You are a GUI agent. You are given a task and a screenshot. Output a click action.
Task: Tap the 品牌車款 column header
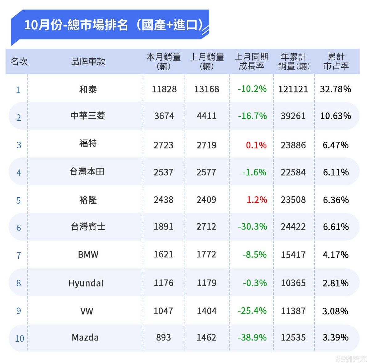[88, 62]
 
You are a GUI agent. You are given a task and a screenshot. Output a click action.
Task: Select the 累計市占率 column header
[336, 61]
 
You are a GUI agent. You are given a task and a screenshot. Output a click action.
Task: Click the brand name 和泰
[88, 89]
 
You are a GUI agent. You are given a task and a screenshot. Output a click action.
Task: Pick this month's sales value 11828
[164, 89]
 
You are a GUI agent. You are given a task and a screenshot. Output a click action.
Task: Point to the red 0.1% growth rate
[256, 145]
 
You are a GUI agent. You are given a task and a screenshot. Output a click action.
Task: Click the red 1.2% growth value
[257, 200]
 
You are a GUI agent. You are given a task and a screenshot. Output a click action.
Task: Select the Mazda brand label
[85, 337]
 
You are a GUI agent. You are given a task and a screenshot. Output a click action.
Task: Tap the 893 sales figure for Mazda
[163, 337]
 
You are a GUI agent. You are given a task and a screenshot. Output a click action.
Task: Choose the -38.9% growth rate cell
[252, 337]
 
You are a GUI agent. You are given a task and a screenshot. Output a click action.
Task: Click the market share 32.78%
[335, 89]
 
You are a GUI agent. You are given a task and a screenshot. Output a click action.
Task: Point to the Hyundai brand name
[86, 283]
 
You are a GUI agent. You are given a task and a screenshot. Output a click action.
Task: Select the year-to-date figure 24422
[293, 227]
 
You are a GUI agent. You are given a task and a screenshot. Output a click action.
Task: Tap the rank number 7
[18, 255]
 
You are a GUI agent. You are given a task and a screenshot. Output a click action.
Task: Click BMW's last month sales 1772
[206, 255]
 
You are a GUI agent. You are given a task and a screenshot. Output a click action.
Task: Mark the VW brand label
[87, 311]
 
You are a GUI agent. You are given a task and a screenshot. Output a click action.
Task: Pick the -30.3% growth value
[252, 227]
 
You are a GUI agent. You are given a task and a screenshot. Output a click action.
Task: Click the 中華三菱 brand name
[88, 116]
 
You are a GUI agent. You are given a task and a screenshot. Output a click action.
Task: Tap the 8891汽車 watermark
[351, 359]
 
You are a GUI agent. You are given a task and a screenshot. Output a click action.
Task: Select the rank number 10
[19, 339]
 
